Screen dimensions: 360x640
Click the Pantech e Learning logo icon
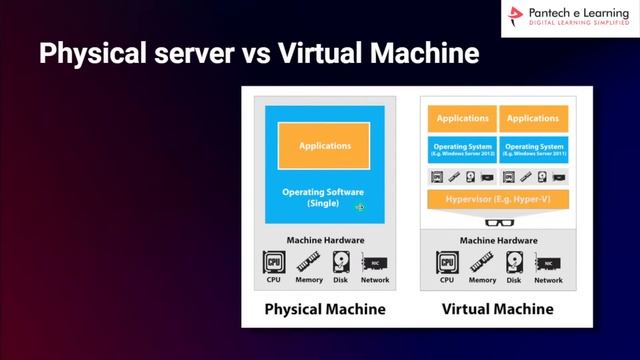[515, 17]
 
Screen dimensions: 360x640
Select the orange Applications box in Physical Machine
[325, 146]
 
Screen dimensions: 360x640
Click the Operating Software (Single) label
[325, 197]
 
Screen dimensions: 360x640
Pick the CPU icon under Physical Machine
[273, 262]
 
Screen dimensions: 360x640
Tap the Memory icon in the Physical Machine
[308, 262]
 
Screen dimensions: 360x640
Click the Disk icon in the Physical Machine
[342, 262]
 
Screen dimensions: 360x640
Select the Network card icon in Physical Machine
[375, 263]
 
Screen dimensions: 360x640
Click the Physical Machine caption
[325, 309]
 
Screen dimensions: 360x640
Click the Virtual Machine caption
[497, 309]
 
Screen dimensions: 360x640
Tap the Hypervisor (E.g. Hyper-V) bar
[497, 200]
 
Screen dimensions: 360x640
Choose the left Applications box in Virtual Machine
[463, 118]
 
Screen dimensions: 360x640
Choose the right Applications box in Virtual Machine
[532, 118]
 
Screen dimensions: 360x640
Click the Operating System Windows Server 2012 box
[463, 149]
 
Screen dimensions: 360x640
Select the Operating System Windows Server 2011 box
[532, 149]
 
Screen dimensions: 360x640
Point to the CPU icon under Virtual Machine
[446, 263]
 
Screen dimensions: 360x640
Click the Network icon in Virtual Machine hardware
[548, 263]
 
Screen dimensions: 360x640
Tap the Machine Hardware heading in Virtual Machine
[497, 240]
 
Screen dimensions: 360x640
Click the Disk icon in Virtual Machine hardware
[515, 263]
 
